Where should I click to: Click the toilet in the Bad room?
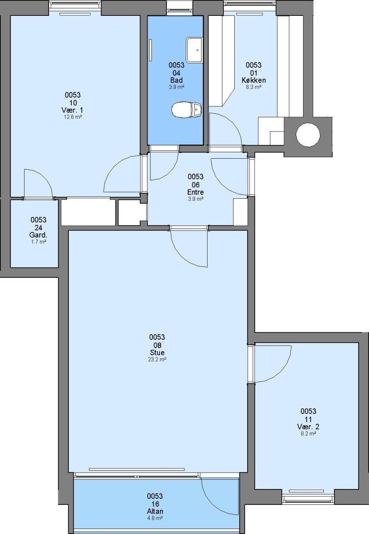pyautogui.click(x=186, y=110)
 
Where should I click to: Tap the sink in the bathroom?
pyautogui.click(x=194, y=50)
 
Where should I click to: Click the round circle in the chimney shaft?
pyautogui.click(x=308, y=135)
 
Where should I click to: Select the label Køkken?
pyautogui.click(x=254, y=81)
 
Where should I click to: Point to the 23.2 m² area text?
pyautogui.click(x=157, y=359)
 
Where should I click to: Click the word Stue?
pyautogui.click(x=157, y=353)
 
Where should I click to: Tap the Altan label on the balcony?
pyautogui.click(x=155, y=511)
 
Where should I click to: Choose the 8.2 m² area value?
pyautogui.click(x=308, y=434)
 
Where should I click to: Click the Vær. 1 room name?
pyautogui.click(x=72, y=110)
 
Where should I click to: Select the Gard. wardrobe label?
pyautogui.click(x=38, y=235)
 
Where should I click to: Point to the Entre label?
pyautogui.click(x=196, y=192)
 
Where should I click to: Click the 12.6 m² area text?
pyautogui.click(x=73, y=117)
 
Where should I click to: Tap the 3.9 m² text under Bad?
pyautogui.click(x=177, y=87)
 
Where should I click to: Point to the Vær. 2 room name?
pyautogui.click(x=308, y=427)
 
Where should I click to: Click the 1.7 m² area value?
pyautogui.click(x=39, y=242)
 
